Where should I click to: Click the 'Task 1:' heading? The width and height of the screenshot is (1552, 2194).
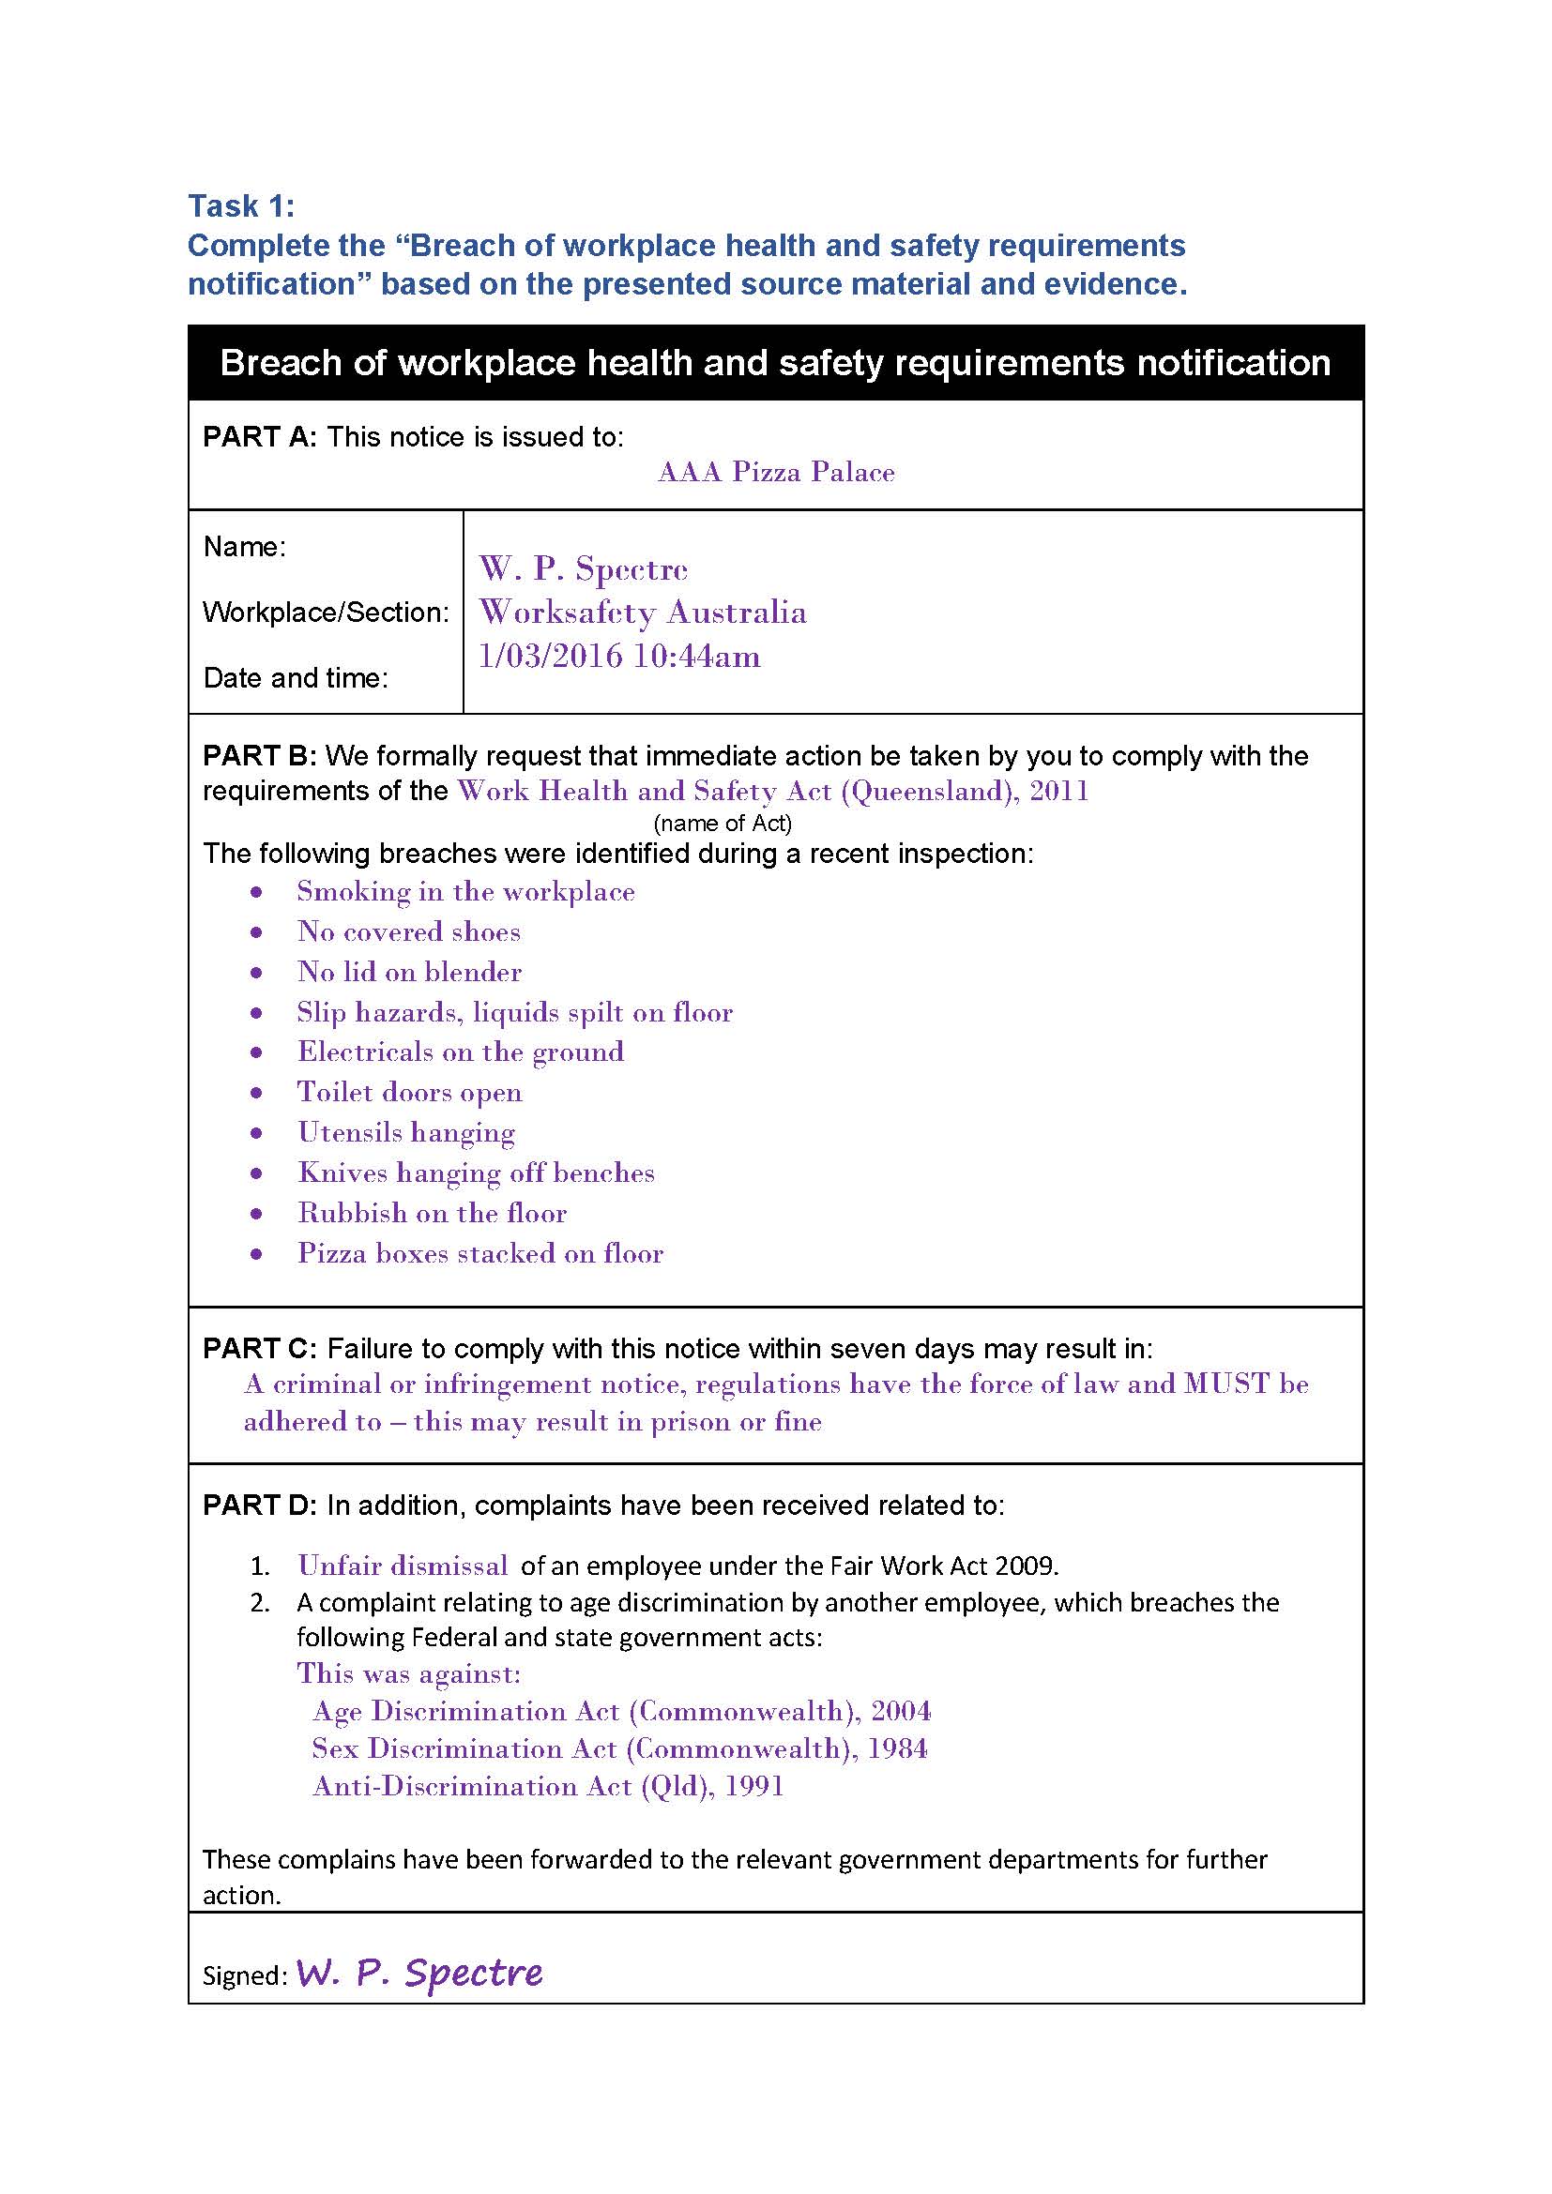click(241, 205)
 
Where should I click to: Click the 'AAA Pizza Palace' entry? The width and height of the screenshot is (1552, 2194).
click(775, 472)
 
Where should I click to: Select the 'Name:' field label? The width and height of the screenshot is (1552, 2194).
click(245, 547)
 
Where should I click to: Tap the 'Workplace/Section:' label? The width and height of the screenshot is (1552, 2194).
click(326, 613)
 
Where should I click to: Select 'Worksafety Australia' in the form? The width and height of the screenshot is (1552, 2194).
click(642, 613)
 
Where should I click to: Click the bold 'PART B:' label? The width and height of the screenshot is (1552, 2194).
click(259, 756)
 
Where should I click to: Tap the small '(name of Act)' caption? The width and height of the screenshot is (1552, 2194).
click(723, 823)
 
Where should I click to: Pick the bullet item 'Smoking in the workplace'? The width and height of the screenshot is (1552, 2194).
click(465, 891)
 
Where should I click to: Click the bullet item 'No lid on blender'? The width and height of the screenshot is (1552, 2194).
click(409, 972)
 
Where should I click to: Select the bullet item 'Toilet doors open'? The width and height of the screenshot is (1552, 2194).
click(409, 1092)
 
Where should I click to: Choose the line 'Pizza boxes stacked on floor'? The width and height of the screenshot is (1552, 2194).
click(479, 1253)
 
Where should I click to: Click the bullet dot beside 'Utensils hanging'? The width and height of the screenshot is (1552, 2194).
click(256, 1133)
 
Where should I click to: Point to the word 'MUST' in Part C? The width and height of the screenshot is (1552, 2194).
click(1227, 1384)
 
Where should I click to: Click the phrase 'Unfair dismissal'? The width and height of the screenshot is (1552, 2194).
click(403, 1566)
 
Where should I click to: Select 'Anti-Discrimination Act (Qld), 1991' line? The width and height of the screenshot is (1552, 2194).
click(548, 1786)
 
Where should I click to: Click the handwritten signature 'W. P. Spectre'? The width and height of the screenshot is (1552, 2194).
click(418, 1973)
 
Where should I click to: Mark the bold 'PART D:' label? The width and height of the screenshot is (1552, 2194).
click(259, 1506)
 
